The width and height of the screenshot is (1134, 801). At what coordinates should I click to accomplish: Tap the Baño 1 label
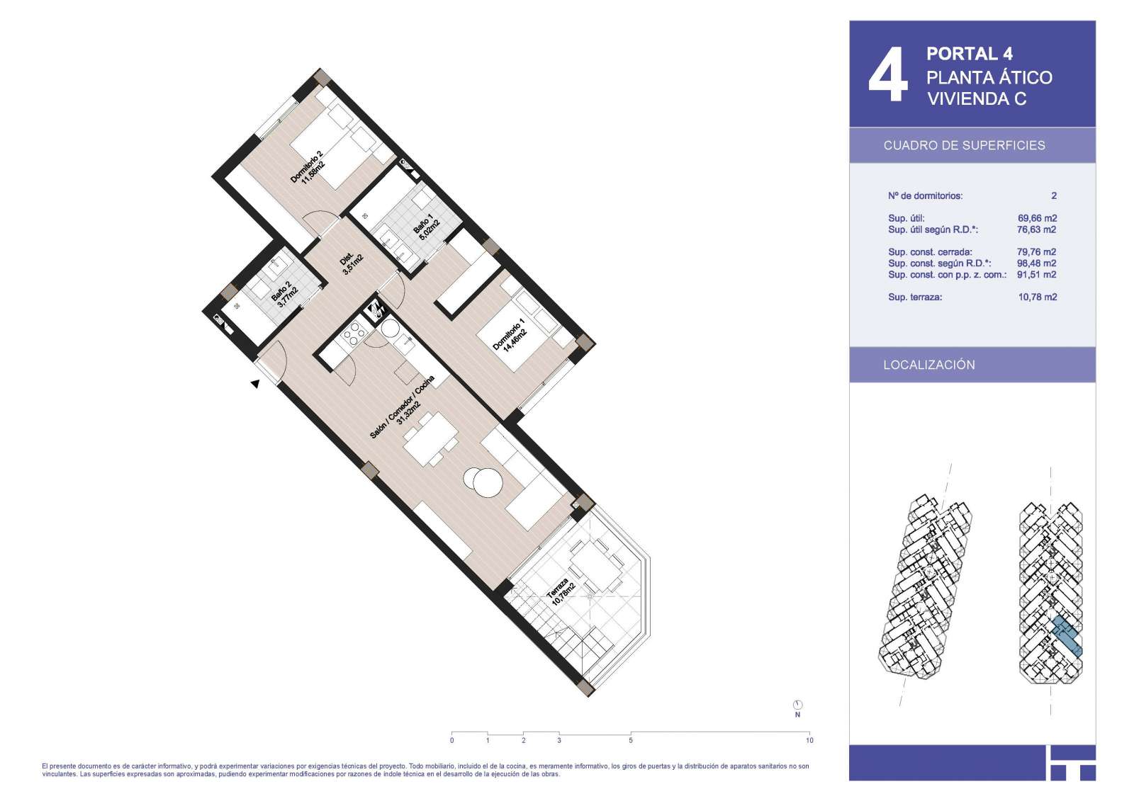coord(426,227)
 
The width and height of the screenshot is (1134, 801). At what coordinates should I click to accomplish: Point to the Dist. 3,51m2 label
coord(350,263)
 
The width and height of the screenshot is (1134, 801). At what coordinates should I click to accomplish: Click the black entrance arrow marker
coord(256,384)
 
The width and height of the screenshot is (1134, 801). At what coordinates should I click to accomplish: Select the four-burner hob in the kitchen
coord(352,334)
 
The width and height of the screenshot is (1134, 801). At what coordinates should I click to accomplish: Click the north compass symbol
coord(797,705)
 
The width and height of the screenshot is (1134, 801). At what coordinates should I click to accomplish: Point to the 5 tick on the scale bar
coord(631,733)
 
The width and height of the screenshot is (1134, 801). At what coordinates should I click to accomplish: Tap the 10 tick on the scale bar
coord(809,733)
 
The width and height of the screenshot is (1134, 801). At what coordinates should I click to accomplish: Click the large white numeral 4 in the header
coord(888,75)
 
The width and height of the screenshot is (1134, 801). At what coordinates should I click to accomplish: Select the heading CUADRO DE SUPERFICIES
coord(965,146)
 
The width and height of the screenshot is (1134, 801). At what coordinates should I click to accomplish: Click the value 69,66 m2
coord(1038,218)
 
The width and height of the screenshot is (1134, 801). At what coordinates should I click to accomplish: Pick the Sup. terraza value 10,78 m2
coord(1038,297)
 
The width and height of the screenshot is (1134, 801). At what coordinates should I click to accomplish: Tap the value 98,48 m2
coord(1037,263)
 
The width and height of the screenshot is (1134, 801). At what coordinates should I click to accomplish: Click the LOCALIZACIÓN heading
coord(929,365)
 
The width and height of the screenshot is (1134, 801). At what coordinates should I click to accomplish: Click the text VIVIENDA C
coord(977,99)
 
